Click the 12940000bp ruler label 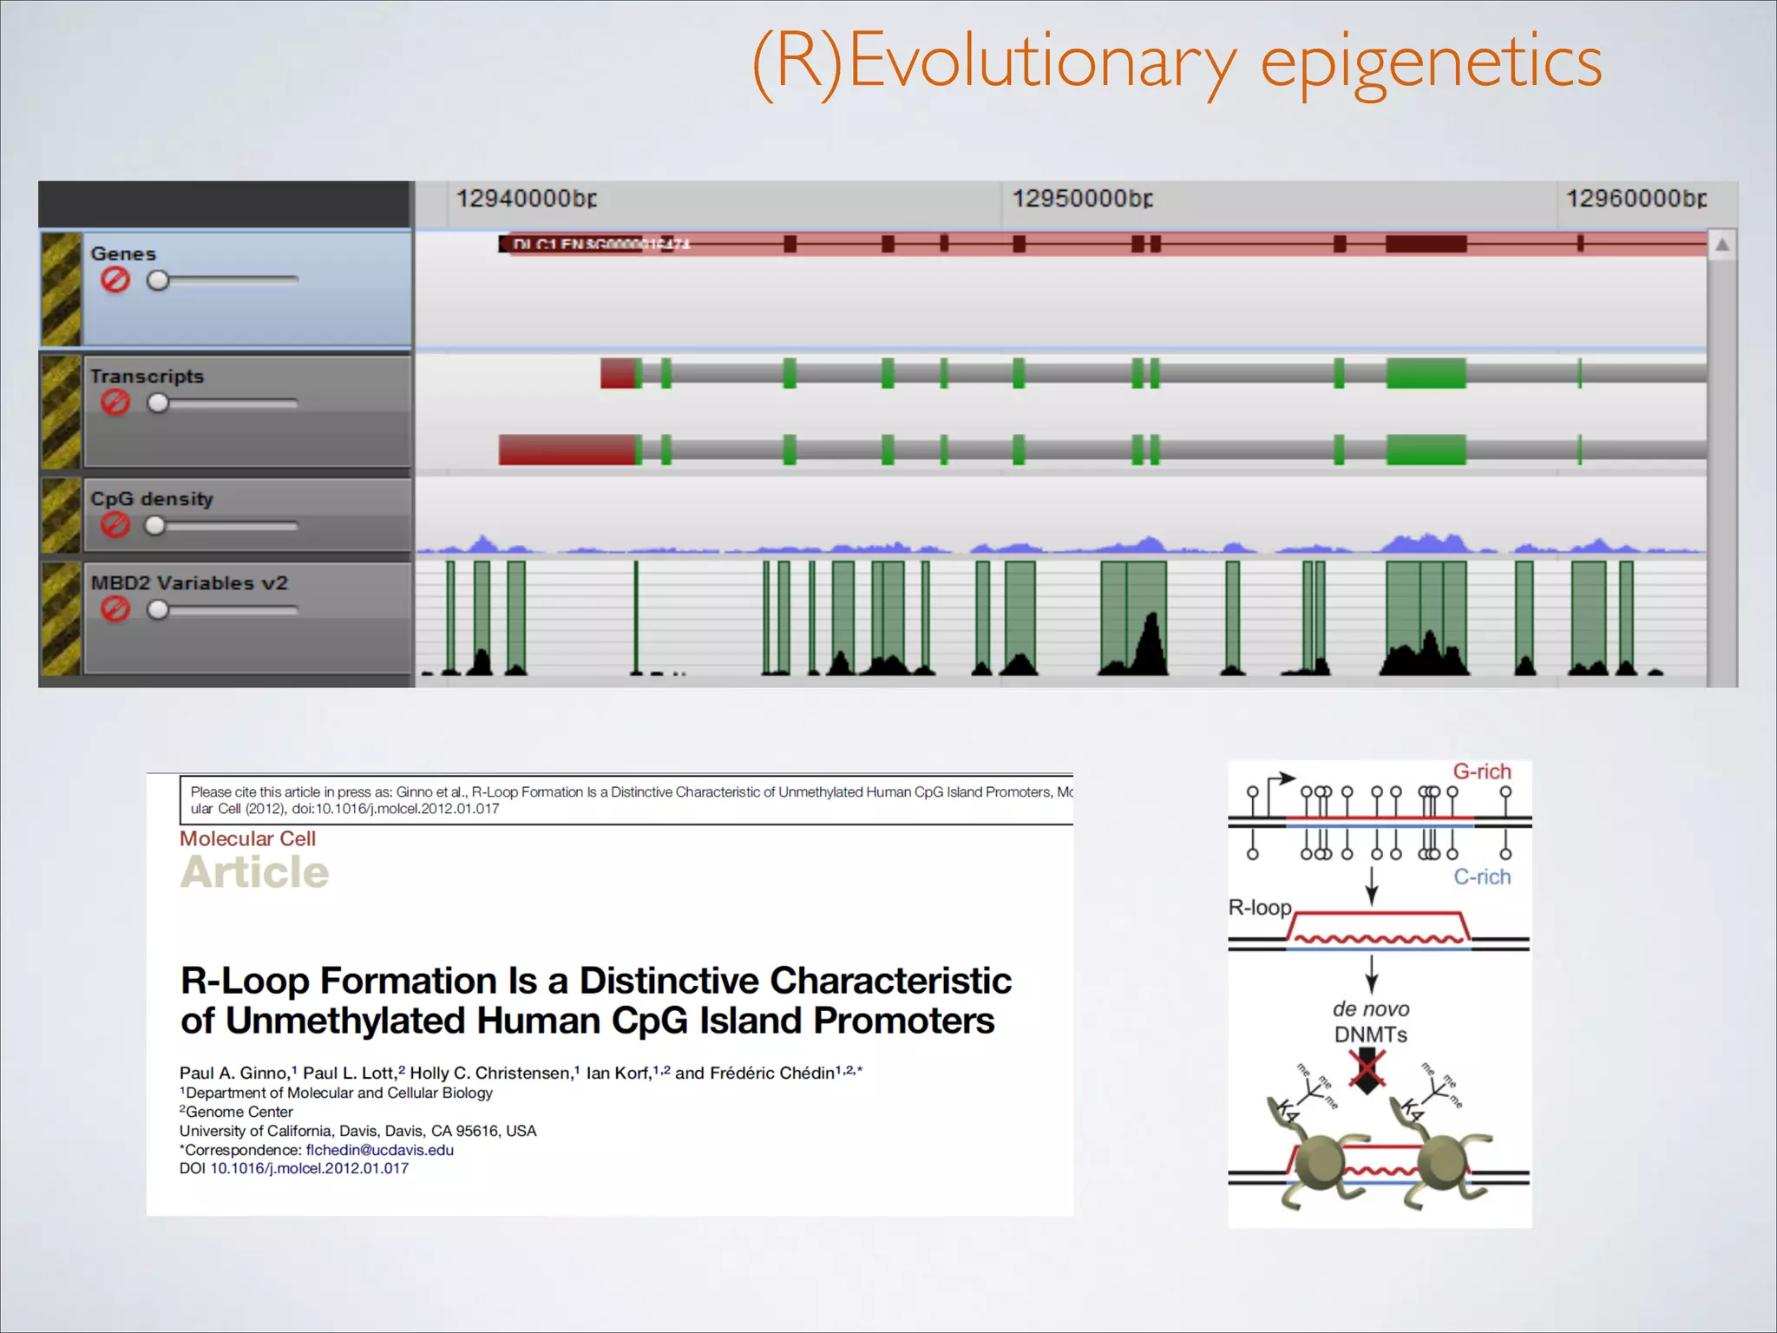click(526, 199)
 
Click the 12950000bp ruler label click(1082, 199)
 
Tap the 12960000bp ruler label click(1636, 199)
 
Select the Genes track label click(123, 254)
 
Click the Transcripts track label click(147, 377)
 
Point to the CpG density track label click(152, 499)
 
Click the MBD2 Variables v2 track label click(189, 583)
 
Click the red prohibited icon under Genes click(115, 280)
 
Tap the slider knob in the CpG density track click(155, 526)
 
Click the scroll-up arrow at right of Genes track click(1721, 246)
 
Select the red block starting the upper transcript click(619, 373)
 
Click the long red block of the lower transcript click(567, 450)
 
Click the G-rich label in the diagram click(1481, 772)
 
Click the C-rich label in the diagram click(1481, 877)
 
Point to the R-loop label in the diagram click(1259, 908)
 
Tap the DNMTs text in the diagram click(1370, 1034)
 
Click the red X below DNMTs click(1367, 1070)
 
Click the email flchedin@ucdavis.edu click(379, 1150)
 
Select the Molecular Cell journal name click(247, 839)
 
